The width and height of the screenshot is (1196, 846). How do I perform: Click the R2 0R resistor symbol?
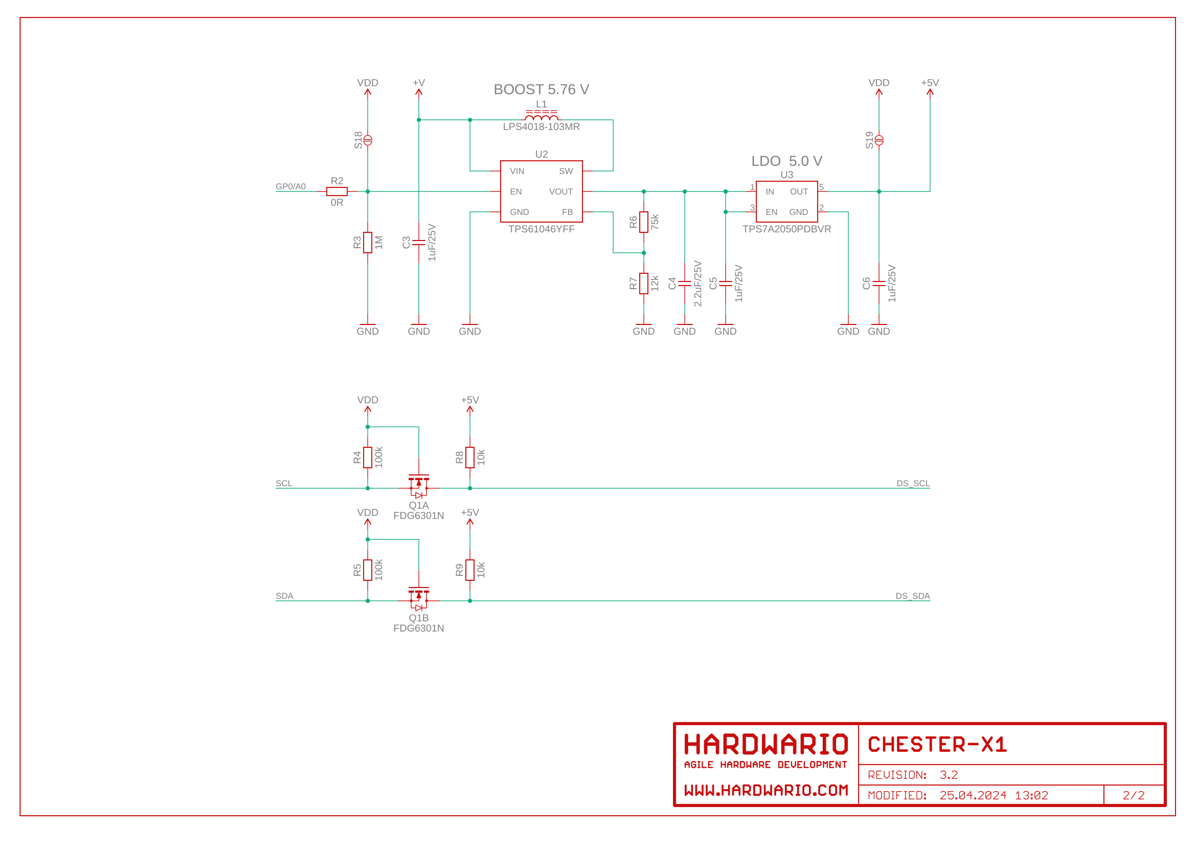tap(336, 191)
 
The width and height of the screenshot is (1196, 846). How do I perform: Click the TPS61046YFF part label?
tap(541, 229)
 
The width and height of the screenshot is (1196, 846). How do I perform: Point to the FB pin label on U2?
tap(567, 212)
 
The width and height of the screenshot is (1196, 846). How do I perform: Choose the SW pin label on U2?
tap(566, 171)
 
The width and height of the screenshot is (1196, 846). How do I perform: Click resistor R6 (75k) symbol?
tap(644, 222)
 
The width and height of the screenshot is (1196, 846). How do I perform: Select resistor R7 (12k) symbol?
tap(644, 284)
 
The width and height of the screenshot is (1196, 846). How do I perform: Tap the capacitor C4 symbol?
tap(685, 284)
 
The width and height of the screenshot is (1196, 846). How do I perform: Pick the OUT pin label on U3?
tap(799, 192)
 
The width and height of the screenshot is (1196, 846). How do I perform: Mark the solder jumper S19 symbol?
tap(879, 140)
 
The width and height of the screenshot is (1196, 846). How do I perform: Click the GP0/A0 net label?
tap(290, 187)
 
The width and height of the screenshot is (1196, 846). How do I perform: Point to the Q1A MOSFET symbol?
tap(419, 485)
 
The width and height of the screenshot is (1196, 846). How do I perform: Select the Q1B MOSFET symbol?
tap(419, 598)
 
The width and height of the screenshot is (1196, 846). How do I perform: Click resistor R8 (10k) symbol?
tap(470, 457)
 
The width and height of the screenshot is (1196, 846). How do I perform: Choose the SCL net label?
tap(284, 483)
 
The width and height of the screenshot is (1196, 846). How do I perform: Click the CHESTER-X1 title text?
tap(937, 744)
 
